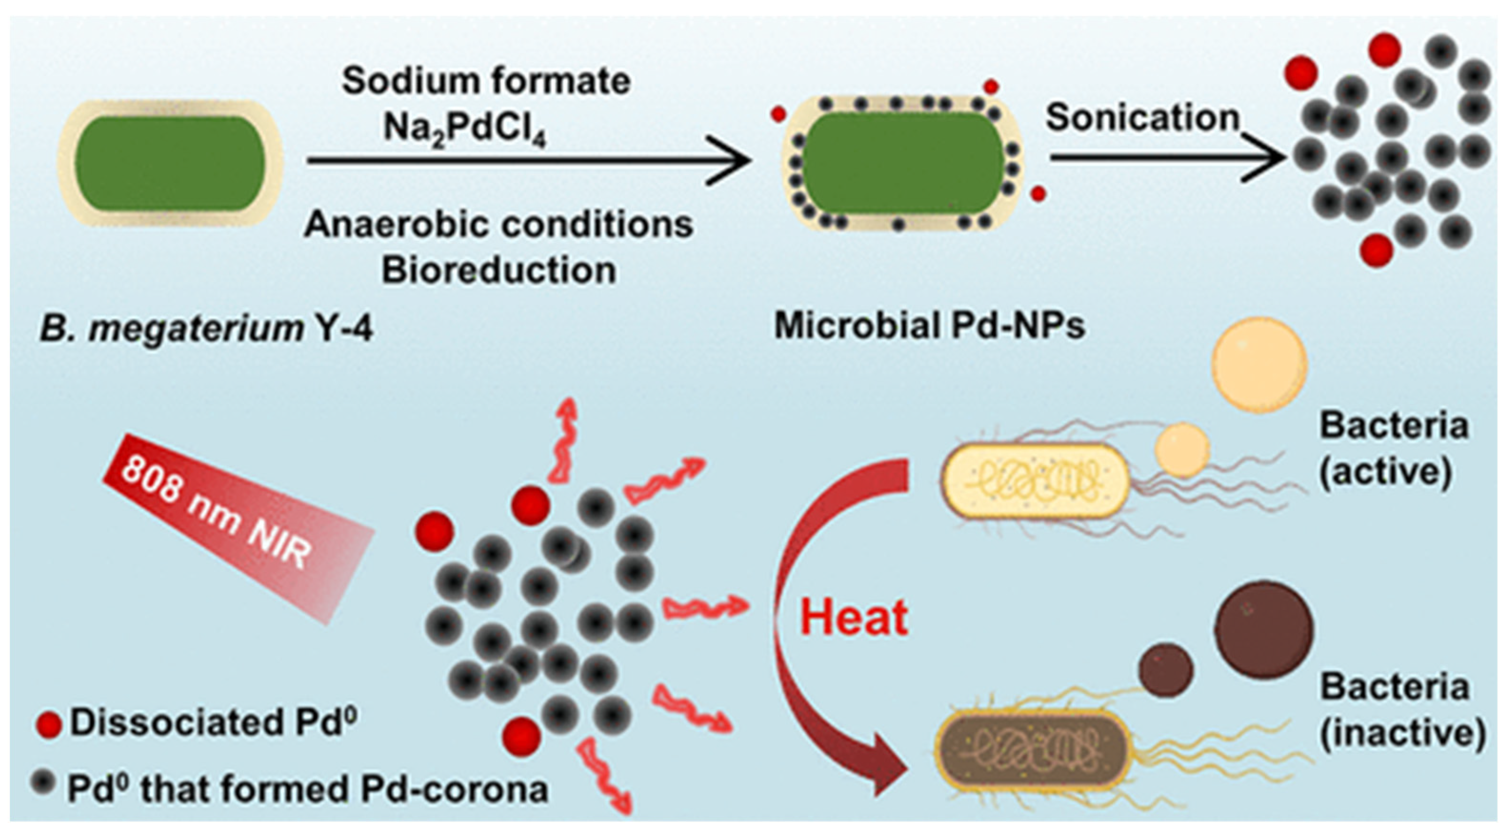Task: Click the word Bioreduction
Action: click(499, 271)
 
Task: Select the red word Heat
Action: click(855, 618)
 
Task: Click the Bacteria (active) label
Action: click(1394, 449)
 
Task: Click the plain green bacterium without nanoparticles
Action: click(170, 163)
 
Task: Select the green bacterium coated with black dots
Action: click(903, 162)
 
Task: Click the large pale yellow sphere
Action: click(1259, 365)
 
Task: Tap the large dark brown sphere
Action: click(1264, 630)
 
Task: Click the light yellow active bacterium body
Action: click(1035, 480)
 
